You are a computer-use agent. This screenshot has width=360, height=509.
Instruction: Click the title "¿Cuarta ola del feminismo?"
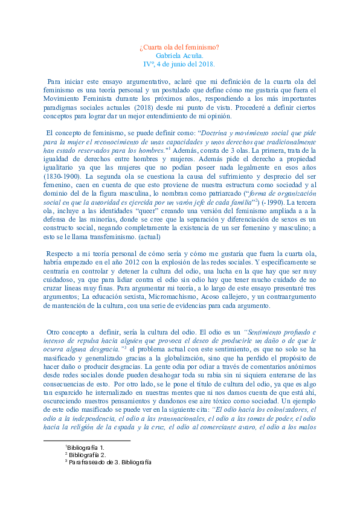tap(179, 46)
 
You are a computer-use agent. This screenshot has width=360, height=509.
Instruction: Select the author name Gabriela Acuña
tap(179, 55)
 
